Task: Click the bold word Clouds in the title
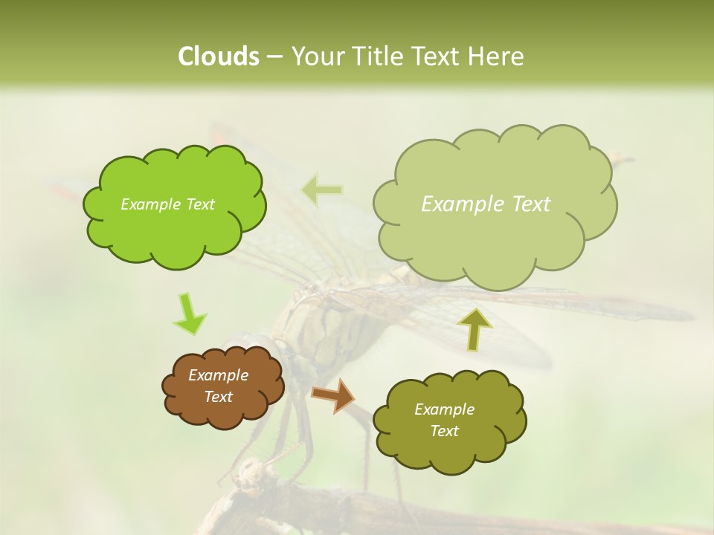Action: click(219, 56)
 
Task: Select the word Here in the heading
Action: click(497, 56)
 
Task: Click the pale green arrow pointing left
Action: click(322, 189)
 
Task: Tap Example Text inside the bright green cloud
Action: click(167, 204)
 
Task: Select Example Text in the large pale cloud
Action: click(486, 204)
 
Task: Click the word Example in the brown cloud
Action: click(218, 375)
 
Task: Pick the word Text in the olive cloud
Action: click(444, 431)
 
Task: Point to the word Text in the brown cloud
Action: click(218, 397)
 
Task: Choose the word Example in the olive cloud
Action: click(444, 409)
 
